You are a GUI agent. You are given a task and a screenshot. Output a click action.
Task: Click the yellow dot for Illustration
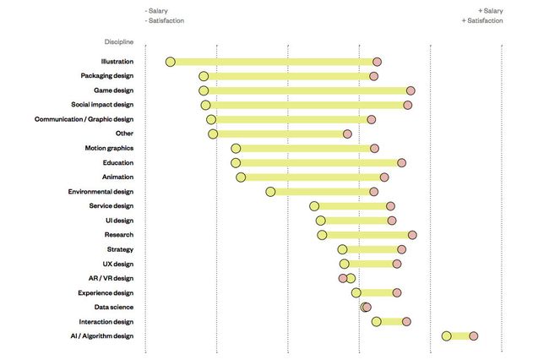coord(170,62)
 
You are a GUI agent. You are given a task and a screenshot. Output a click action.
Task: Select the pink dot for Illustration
coord(377,62)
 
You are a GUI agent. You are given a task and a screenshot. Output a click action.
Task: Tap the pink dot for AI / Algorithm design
coord(474,336)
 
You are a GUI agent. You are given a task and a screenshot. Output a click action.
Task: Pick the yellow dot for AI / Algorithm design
coord(446,336)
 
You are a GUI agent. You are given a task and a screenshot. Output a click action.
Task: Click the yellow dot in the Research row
coord(322,235)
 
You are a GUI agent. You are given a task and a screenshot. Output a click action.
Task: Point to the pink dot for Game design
coord(410,90)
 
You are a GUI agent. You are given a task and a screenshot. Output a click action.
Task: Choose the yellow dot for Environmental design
coord(270,192)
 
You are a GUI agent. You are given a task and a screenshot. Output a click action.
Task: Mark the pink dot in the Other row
coord(347,134)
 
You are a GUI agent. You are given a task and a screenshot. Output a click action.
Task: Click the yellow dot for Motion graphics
coord(236,149)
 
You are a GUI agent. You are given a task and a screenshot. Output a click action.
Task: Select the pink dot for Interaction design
coord(406,321)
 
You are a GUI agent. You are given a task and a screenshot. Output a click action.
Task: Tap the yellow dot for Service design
coord(314,206)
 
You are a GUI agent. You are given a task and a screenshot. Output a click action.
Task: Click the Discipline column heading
coord(113,41)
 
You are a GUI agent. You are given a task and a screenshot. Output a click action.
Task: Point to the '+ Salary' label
coord(490,10)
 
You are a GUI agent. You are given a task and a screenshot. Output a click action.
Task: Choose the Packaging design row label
coord(106,76)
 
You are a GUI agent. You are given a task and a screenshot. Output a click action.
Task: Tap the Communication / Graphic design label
coord(84,119)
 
